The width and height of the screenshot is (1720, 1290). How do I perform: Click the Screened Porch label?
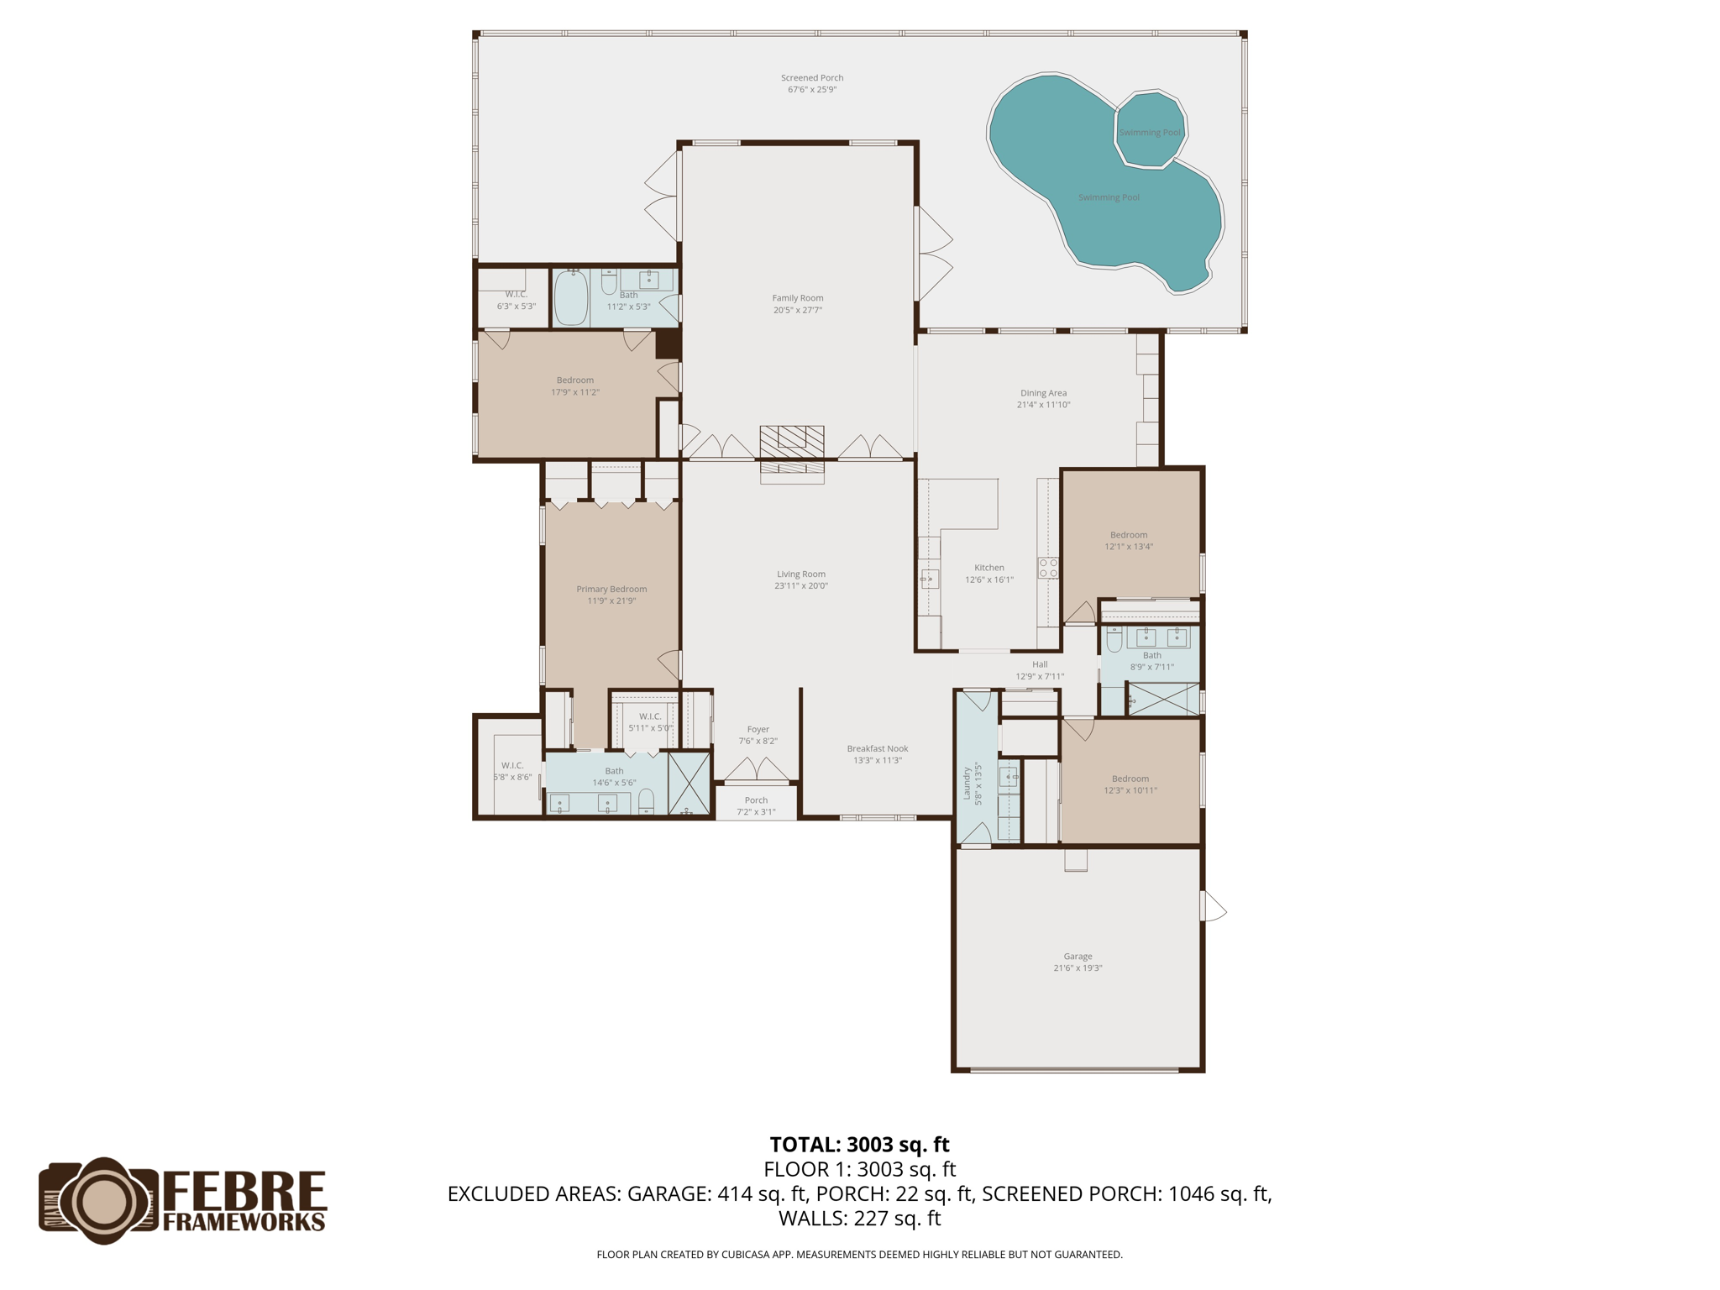coord(811,78)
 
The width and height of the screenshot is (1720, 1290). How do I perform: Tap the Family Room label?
coord(797,298)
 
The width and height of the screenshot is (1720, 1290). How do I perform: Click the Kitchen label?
coord(988,568)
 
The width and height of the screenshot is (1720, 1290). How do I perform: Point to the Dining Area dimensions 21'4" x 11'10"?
coord(1043,405)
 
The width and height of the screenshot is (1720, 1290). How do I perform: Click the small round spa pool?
coord(1149,130)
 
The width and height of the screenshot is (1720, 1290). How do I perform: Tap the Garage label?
coord(1078,956)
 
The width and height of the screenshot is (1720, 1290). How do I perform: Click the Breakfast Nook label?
coord(877,748)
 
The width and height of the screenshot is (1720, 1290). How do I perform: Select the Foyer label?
coord(758,730)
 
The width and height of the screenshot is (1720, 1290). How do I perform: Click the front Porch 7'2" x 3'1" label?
coord(756,806)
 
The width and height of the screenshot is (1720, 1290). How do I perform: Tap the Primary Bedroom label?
coord(611,590)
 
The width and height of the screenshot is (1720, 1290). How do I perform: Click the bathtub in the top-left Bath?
coord(571,298)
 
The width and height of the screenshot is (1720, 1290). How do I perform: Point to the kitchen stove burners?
coord(1048,568)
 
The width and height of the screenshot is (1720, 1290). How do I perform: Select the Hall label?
coord(1040,664)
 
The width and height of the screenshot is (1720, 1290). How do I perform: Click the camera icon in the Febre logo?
coord(100,1200)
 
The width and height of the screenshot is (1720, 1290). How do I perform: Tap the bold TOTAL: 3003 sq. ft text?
coord(859,1145)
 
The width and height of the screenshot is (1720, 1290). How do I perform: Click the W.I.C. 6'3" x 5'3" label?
coord(516,301)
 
